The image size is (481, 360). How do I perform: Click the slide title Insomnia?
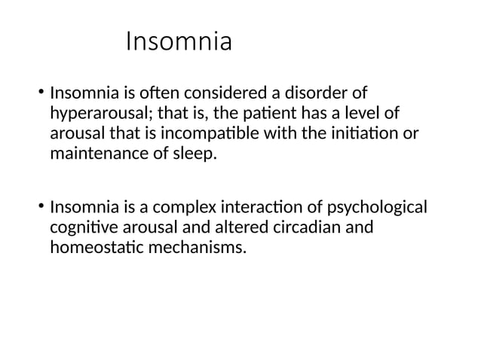[x=179, y=41]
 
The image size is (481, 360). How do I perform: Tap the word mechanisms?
[x=203, y=247]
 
